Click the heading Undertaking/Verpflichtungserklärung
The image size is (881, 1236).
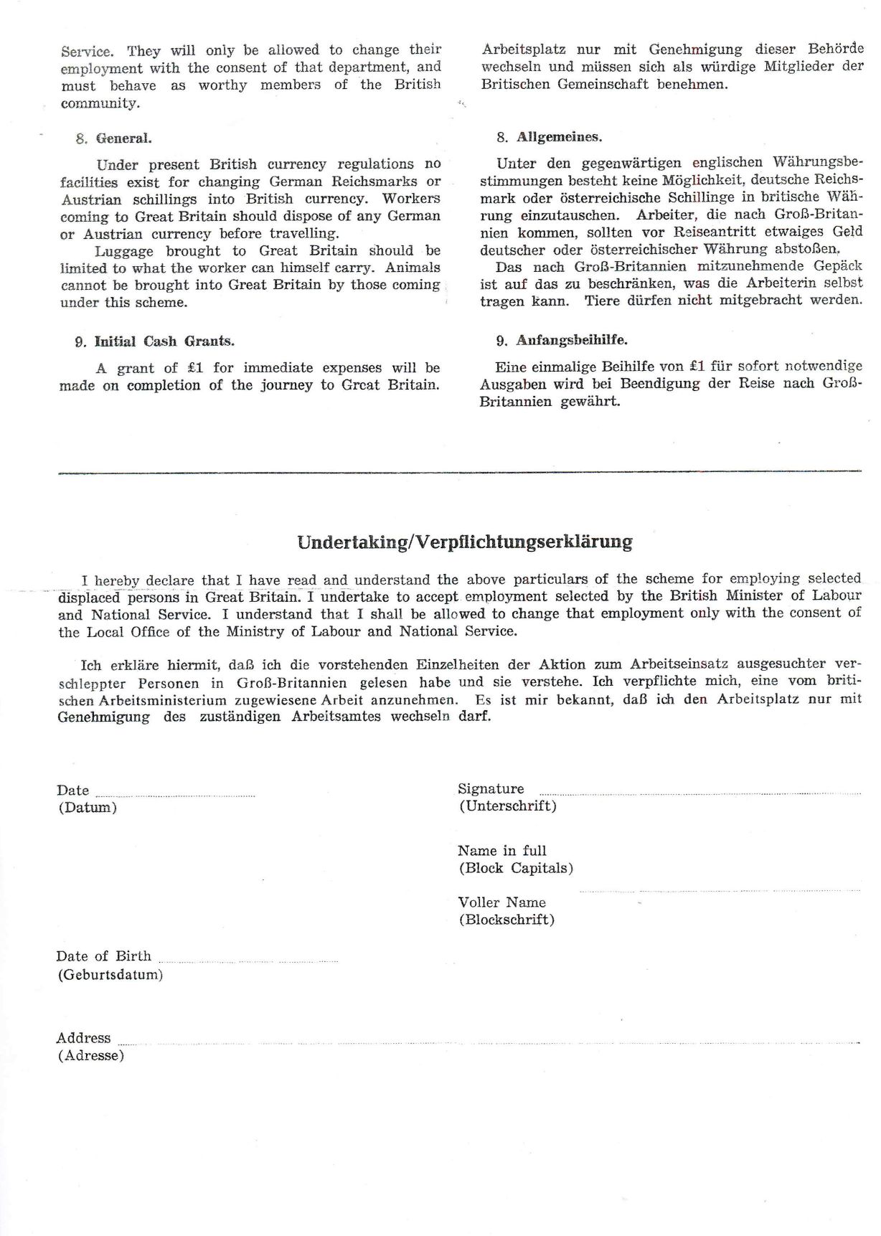tap(465, 542)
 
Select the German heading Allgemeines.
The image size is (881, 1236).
tap(559, 137)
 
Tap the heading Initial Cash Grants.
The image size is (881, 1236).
tap(164, 341)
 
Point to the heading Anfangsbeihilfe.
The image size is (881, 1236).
tap(572, 340)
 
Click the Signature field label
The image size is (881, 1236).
tap(491, 788)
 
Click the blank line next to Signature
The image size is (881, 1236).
tap(699, 793)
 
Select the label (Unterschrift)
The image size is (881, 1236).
tap(508, 806)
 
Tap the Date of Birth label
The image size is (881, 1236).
tap(103, 956)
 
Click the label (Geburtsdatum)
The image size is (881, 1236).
tap(110, 975)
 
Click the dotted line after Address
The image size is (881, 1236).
tap(488, 1042)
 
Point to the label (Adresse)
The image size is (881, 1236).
tap(91, 1056)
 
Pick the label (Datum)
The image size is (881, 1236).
tap(88, 808)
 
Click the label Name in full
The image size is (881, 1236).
tap(502, 851)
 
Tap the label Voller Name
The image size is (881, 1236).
tap(502, 902)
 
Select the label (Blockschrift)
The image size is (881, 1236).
tap(507, 920)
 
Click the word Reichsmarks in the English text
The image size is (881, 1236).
tap(374, 181)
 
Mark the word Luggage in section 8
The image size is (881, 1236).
tap(124, 251)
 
